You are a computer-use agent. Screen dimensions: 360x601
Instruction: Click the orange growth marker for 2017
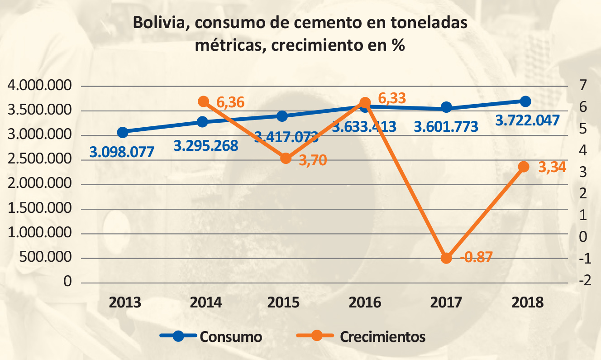click(x=446, y=258)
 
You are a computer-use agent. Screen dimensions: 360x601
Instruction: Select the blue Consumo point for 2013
click(x=123, y=132)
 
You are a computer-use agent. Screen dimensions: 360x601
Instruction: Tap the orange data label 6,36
click(x=230, y=102)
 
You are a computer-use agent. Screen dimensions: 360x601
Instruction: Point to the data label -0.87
click(x=476, y=258)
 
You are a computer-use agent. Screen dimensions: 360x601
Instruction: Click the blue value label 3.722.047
click(x=527, y=120)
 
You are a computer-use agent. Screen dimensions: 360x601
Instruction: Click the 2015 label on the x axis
click(x=284, y=302)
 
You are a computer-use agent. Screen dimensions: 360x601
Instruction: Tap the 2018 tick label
click(x=527, y=302)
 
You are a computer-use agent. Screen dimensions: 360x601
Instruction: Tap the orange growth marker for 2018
click(x=524, y=167)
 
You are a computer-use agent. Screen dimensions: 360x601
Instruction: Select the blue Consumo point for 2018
click(x=525, y=101)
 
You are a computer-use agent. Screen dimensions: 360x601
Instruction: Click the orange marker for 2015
click(x=286, y=158)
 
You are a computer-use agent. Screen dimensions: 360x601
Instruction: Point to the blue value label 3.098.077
click(x=122, y=152)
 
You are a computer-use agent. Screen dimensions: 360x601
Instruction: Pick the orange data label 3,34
click(x=552, y=168)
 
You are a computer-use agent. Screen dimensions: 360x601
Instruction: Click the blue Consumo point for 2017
click(x=446, y=107)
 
